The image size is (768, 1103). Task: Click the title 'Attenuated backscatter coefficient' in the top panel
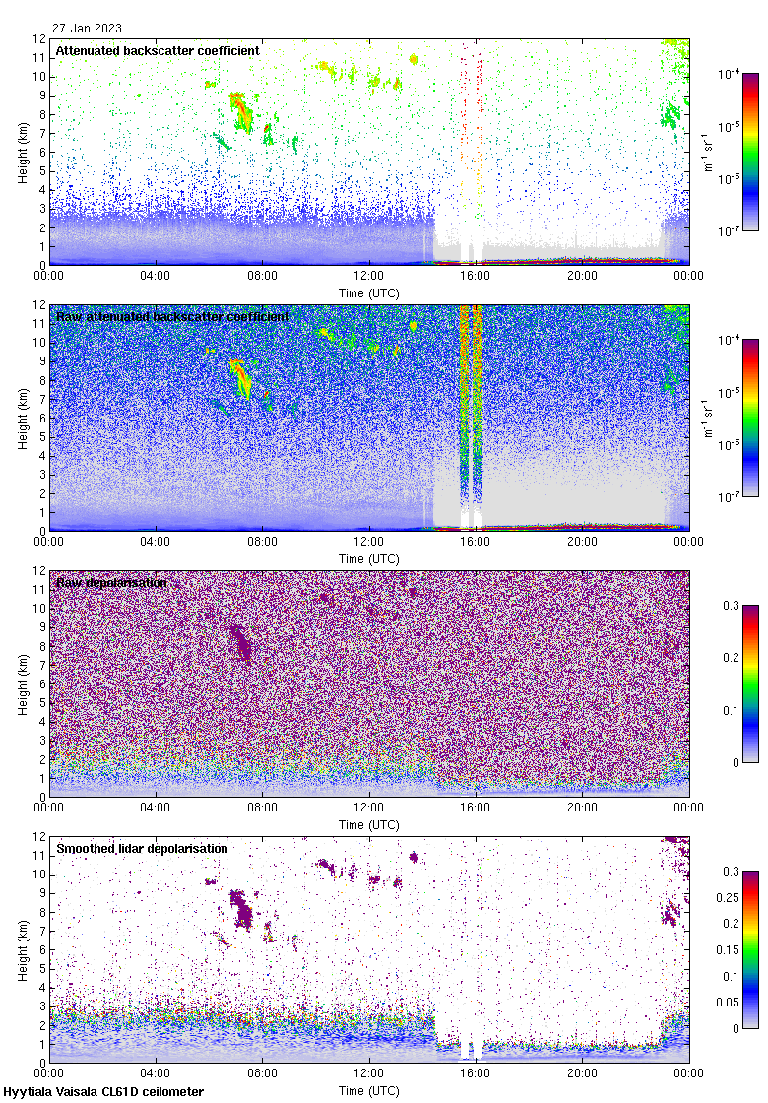tap(158, 50)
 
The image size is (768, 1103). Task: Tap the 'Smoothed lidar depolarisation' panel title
tap(142, 848)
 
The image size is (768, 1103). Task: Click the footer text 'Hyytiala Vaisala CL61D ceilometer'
tap(103, 1092)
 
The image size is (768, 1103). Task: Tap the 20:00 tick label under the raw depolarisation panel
tap(582, 808)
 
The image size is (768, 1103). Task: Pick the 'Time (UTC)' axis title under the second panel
tap(369, 558)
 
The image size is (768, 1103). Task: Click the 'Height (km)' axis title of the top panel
tap(23, 153)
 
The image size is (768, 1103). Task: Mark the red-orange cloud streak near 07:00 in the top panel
tap(240, 110)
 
